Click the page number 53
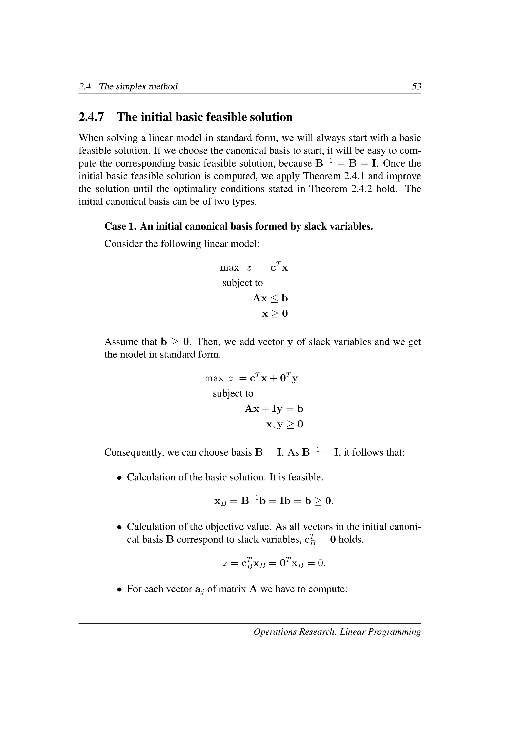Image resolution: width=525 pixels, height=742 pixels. pos(416,86)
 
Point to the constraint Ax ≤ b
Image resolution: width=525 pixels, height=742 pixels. pos(270,298)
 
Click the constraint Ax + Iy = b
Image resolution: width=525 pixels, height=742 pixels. pos(274,409)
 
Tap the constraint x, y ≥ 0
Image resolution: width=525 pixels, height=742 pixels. pos(285,424)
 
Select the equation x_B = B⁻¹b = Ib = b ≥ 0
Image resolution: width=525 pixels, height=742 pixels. pos(274,501)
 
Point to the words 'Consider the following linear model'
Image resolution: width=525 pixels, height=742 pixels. pos(182,244)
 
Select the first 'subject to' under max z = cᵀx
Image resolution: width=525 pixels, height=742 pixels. pos(243,283)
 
